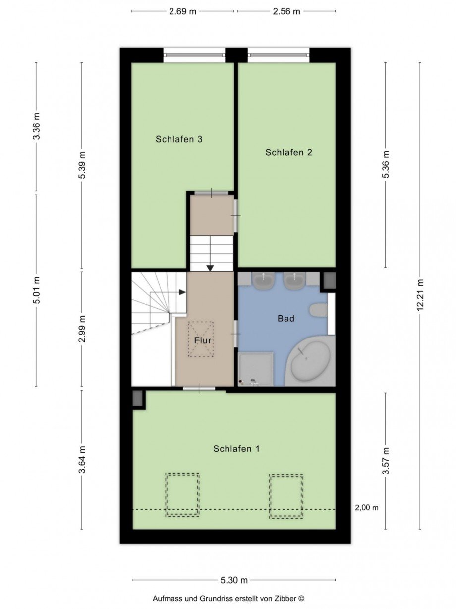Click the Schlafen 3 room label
[179, 139]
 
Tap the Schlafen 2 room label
[288, 152]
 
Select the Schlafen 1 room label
[236, 449]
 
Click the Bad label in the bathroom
[285, 318]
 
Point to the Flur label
[203, 340]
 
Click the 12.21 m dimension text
[420, 295]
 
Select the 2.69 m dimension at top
[182, 11]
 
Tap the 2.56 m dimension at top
[286, 11]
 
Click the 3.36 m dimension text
[37, 126]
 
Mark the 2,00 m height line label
[366, 507]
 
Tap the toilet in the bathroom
[319, 311]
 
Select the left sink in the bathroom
[263, 280]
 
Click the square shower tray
[256, 369]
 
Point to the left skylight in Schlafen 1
[182, 495]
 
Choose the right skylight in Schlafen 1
[286, 496]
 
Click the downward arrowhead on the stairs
[210, 268]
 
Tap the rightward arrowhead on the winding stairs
[182, 292]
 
